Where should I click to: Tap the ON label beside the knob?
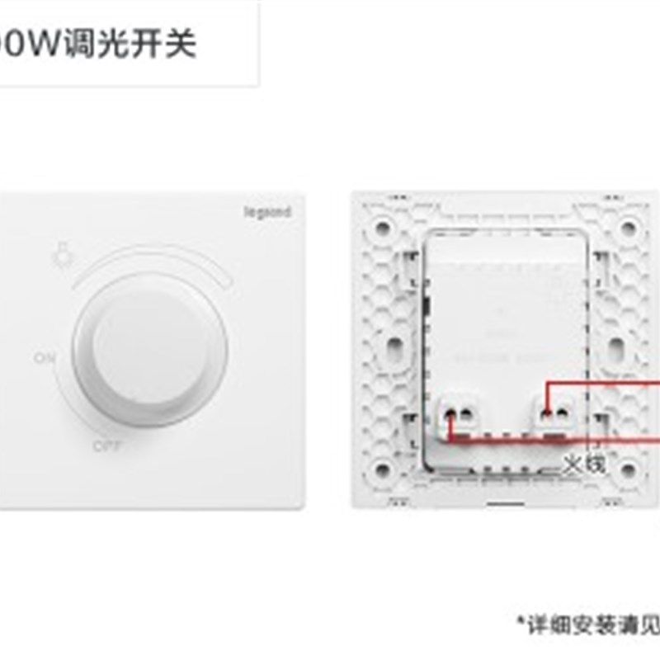pyautogui.click(x=45, y=359)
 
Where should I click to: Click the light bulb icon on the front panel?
pyautogui.click(x=59, y=255)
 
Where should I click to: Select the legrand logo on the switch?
pyautogui.click(x=266, y=212)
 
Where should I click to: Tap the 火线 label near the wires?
pyautogui.click(x=584, y=464)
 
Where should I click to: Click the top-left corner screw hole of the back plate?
pyautogui.click(x=383, y=226)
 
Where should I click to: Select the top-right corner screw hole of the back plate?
pyautogui.click(x=629, y=226)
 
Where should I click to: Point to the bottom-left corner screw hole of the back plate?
pyautogui.click(x=383, y=471)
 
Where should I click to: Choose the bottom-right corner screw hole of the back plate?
pyautogui.click(x=629, y=471)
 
